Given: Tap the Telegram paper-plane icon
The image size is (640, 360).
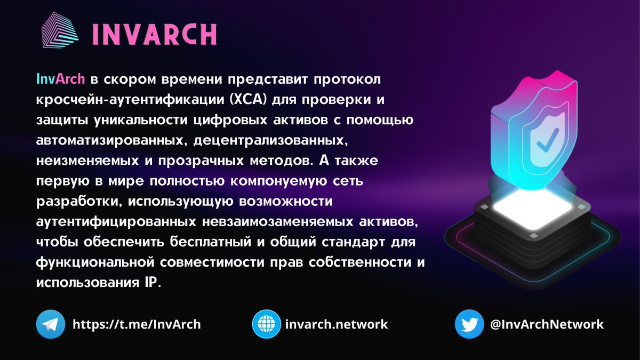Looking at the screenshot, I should pyautogui.click(x=50, y=324).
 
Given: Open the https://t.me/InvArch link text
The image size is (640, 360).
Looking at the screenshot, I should pyautogui.click(x=137, y=324).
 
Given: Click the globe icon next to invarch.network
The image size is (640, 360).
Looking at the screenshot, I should pyautogui.click(x=266, y=324).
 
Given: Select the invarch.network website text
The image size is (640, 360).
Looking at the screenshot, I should pyautogui.click(x=337, y=324).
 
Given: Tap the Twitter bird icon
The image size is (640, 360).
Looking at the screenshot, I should pyautogui.click(x=469, y=324).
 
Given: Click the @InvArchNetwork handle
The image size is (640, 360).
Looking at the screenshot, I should pyautogui.click(x=547, y=324).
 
